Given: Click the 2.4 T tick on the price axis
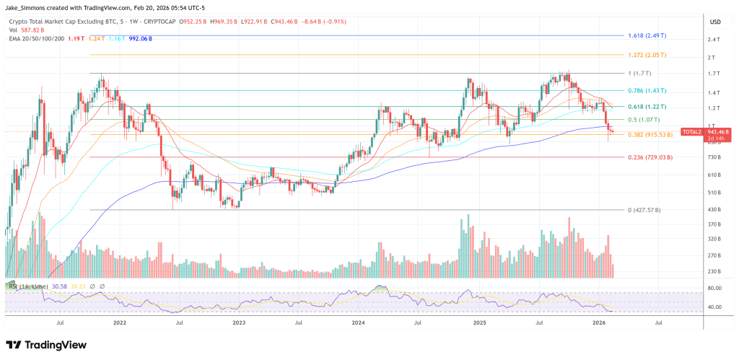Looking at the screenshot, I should tap(713, 40).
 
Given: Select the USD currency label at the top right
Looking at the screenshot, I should tap(715, 22).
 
